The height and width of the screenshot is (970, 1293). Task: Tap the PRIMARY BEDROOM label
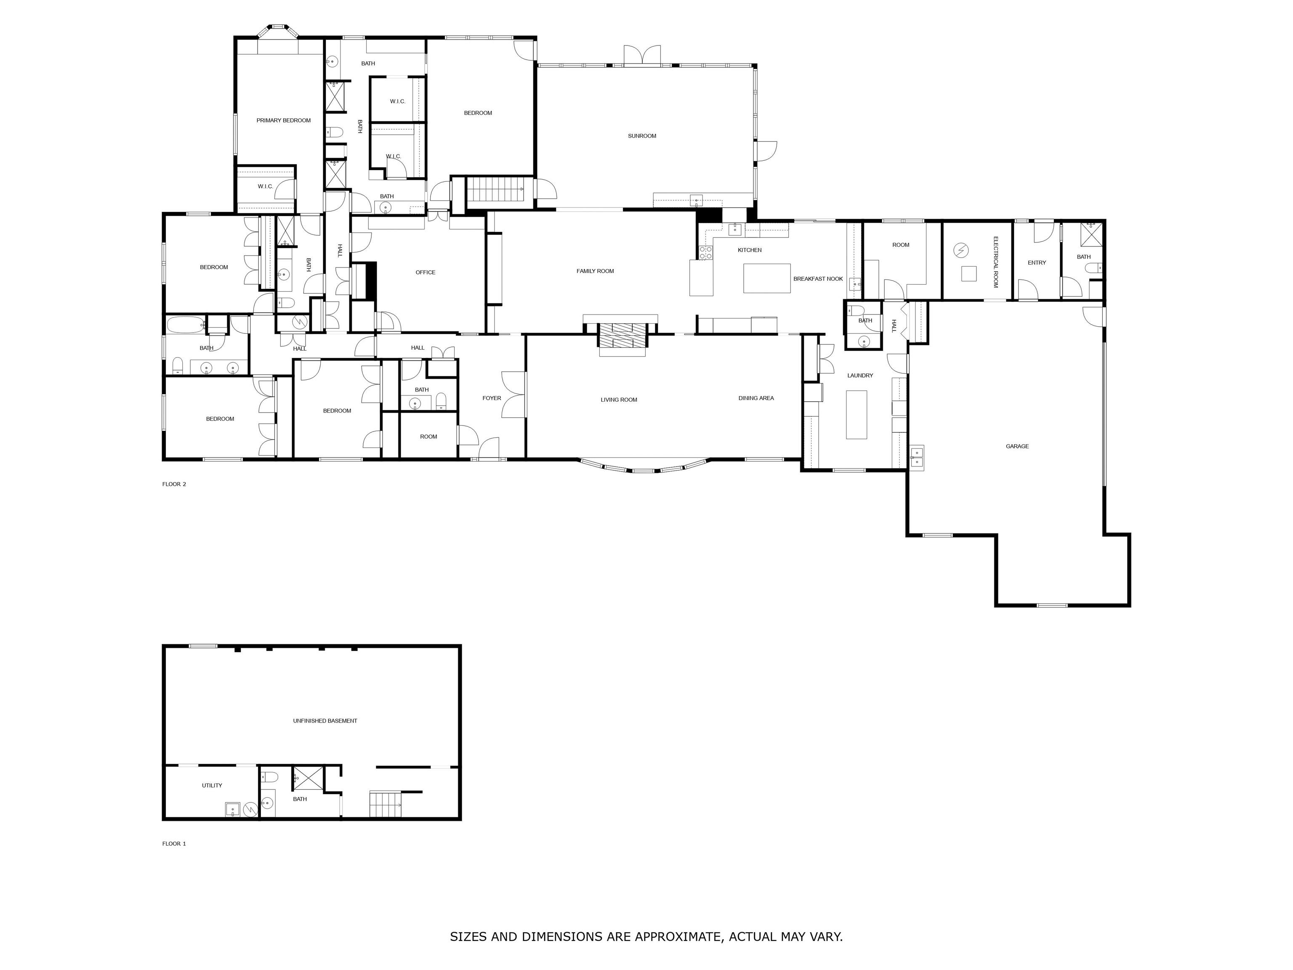(284, 120)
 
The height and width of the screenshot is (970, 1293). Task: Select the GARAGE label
(1017, 447)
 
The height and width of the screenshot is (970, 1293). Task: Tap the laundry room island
(857, 414)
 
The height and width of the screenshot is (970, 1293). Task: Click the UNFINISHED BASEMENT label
(325, 721)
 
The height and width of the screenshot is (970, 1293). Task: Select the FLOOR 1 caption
(174, 844)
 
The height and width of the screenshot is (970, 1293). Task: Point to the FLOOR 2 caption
(174, 484)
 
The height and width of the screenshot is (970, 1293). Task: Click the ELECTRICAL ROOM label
(995, 262)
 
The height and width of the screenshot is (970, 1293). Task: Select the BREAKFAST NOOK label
(818, 279)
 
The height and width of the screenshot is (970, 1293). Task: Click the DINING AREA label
(756, 398)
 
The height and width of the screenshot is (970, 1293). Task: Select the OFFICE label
(426, 272)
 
